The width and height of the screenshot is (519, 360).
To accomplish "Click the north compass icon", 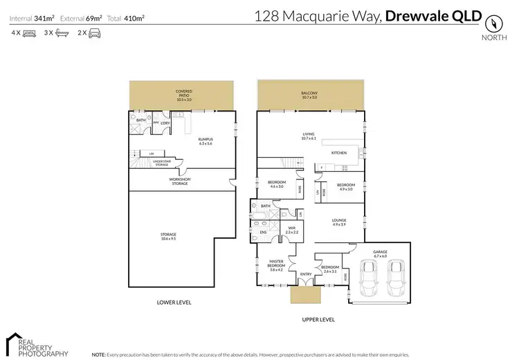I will click(x=493, y=22).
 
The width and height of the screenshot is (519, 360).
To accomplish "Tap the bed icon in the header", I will click(x=29, y=33).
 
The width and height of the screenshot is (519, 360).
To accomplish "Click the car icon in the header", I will click(x=94, y=33).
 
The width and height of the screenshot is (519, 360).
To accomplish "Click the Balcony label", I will click(x=309, y=95).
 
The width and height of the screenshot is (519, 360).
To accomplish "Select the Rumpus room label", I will click(x=206, y=141).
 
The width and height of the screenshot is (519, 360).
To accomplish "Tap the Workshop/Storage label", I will click(x=179, y=181).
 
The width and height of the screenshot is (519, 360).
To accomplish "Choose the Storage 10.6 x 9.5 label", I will click(x=168, y=237).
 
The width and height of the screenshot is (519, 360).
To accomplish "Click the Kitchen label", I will click(x=338, y=152).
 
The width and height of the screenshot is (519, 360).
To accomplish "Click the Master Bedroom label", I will click(x=276, y=266).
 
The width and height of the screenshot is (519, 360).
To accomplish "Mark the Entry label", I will click(x=305, y=274).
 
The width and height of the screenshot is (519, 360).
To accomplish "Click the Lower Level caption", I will click(x=174, y=303).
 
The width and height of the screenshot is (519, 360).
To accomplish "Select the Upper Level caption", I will click(x=318, y=319).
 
